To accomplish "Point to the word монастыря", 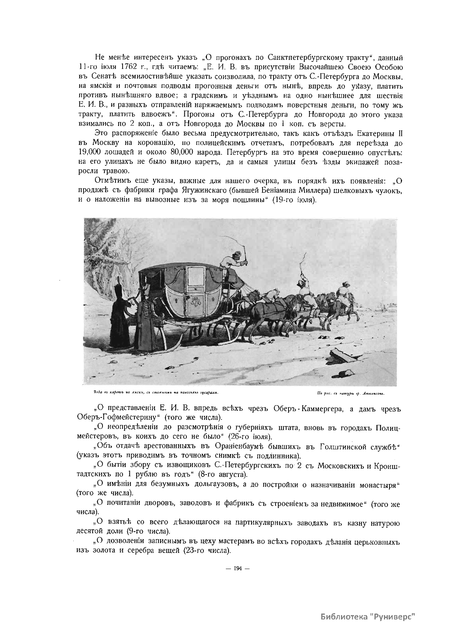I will [x=376, y=485].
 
